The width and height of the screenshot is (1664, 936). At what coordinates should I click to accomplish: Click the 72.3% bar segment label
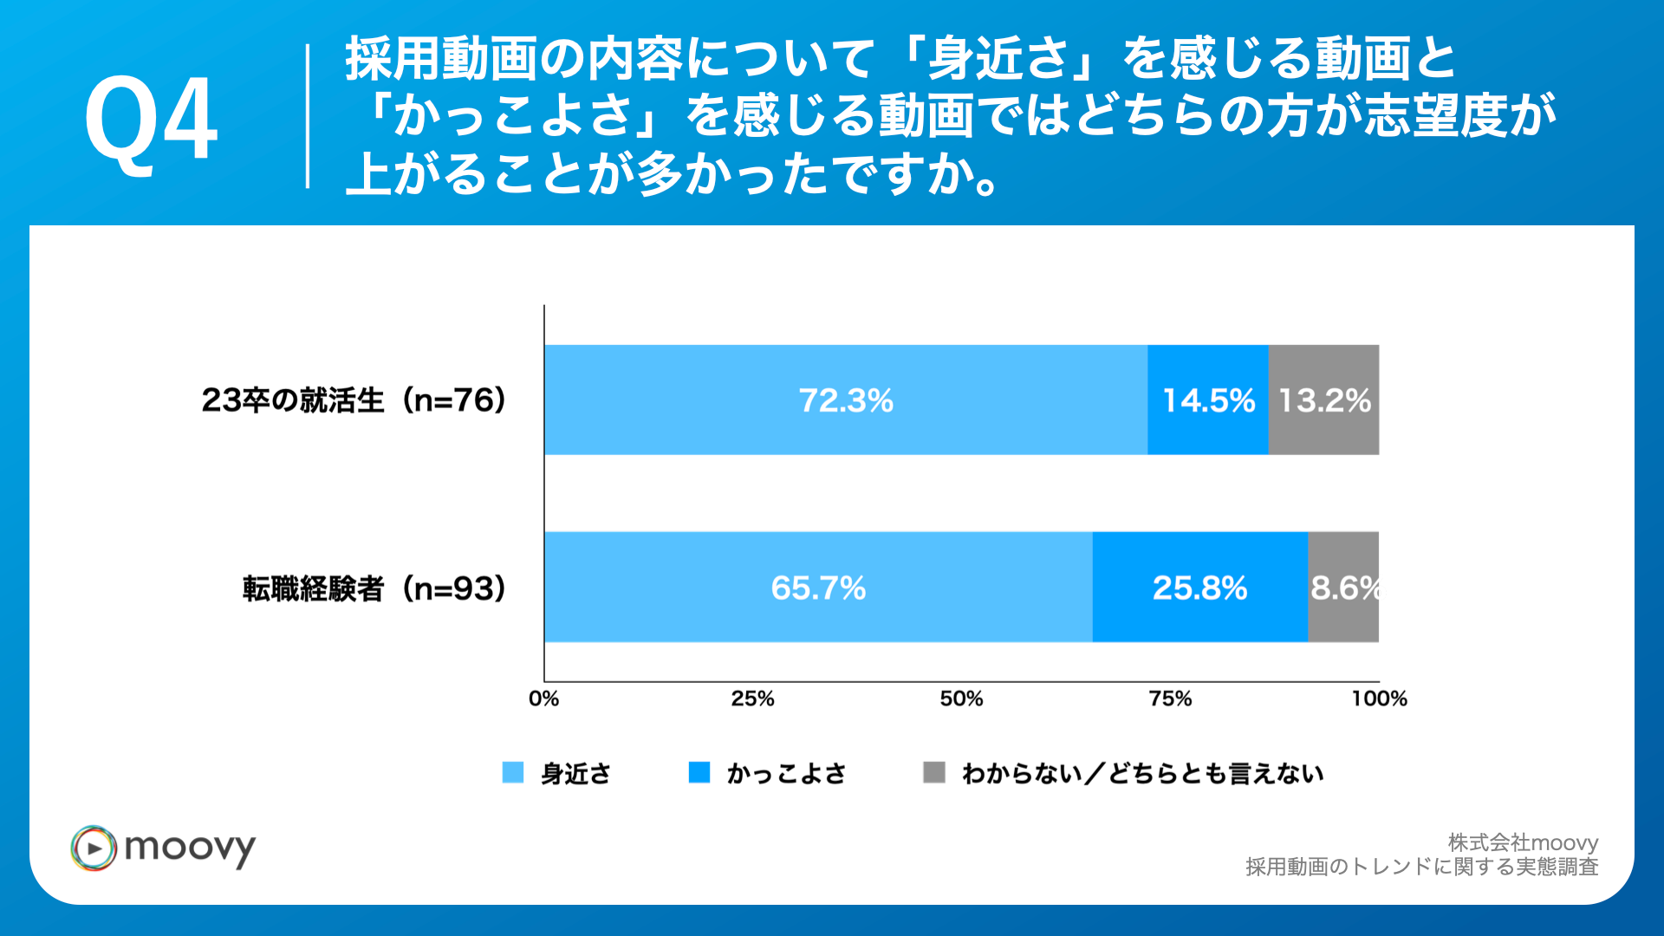point(845,400)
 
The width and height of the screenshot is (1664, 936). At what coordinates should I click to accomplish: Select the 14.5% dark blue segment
point(1208,400)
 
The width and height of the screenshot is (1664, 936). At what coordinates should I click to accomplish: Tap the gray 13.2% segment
point(1323,400)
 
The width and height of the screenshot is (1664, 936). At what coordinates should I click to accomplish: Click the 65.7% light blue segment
point(818,588)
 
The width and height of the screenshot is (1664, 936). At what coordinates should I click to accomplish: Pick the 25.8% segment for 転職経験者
point(1199,588)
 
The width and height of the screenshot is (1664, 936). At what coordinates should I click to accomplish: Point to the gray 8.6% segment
point(1343,588)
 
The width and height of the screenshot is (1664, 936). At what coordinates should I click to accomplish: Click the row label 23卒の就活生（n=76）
point(354,400)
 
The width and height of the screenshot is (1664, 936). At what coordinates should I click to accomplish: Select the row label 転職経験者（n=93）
point(374,588)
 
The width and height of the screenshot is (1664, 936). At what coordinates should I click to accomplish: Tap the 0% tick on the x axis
point(543,699)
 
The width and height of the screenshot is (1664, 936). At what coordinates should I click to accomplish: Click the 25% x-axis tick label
point(752,699)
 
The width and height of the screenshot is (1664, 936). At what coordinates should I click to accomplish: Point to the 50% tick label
point(961,699)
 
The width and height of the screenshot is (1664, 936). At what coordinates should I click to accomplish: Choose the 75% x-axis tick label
point(1170,699)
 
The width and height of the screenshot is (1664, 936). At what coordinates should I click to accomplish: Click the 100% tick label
point(1379,699)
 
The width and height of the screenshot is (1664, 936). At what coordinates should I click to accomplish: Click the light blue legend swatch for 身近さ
point(513,772)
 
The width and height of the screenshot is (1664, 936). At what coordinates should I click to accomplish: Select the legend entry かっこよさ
point(785,773)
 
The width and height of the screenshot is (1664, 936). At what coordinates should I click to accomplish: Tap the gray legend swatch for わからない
point(933,772)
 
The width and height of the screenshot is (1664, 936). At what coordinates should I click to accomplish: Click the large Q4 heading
point(151,119)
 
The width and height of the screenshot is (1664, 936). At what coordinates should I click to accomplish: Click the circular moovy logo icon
point(94,848)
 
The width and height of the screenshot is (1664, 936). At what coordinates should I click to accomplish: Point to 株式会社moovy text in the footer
point(1523,842)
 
